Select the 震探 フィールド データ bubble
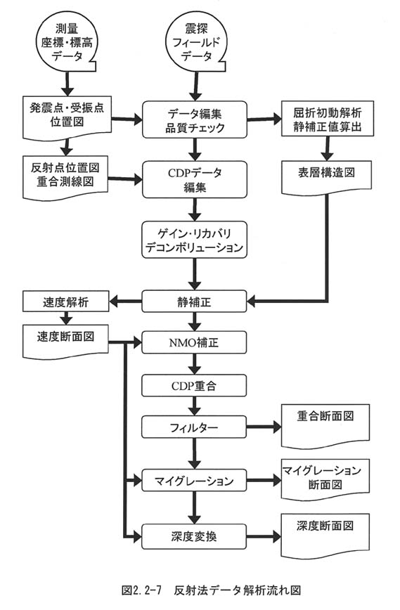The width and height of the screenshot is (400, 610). tap(197, 43)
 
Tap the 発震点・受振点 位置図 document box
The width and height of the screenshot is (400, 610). tap(67, 117)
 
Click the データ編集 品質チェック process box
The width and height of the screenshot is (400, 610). tap(195, 119)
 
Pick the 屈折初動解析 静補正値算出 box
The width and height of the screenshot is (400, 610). tap(327, 119)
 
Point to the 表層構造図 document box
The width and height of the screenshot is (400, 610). tap(326, 177)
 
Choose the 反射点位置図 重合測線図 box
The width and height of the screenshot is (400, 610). tap(65, 177)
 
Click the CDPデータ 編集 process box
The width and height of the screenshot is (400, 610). tap(195, 180)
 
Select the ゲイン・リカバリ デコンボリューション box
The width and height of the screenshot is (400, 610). tap(195, 240)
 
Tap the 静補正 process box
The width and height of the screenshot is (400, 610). tap(194, 301)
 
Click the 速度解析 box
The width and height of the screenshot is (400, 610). tap(66, 301)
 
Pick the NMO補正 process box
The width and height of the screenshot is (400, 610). tap(194, 343)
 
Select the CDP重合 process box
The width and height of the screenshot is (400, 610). tap(194, 386)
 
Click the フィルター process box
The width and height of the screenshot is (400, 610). tap(194, 427)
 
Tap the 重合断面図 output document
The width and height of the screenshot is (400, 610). tap(325, 426)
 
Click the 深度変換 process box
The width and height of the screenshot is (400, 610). tap(194, 536)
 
